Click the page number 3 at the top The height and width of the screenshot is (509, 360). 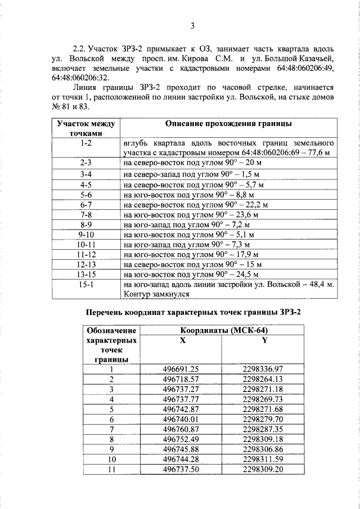[192, 25]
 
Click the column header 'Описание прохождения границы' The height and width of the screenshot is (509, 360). [228, 124]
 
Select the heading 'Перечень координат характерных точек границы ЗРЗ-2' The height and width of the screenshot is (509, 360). [193, 313]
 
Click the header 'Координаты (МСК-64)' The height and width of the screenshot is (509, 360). [221, 331]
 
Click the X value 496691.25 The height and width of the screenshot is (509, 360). [181, 369]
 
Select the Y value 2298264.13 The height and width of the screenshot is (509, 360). [263, 379]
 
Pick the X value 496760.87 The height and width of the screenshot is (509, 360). [181, 430]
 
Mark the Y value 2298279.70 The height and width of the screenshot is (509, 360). [263, 420]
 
